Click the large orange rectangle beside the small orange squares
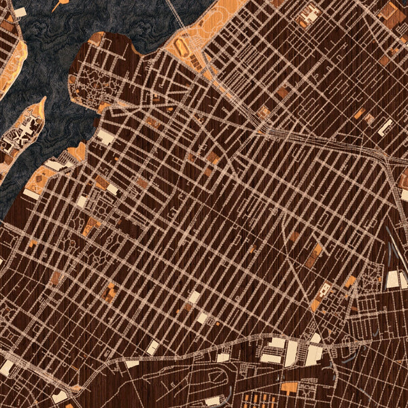click(x=290, y=388)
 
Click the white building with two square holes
click(x=309, y=13)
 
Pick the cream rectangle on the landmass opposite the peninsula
click(x=20, y=12)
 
